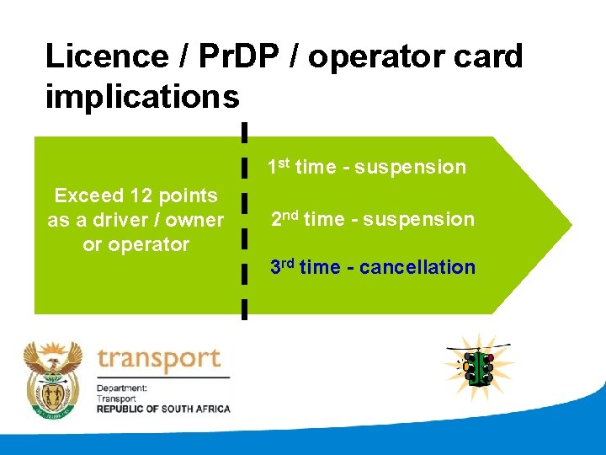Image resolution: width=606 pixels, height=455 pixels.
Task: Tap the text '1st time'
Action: coord(301,167)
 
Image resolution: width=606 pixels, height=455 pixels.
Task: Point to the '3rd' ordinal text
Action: coord(282,267)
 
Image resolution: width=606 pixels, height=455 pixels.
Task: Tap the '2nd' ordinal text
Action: coord(284,219)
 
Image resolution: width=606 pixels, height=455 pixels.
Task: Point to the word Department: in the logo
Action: coord(122,388)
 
